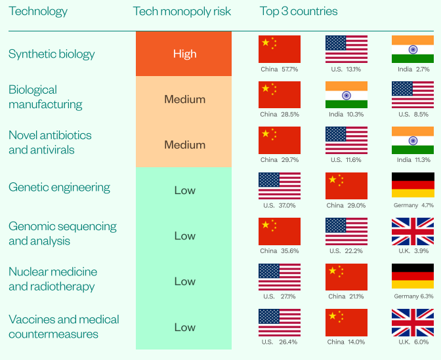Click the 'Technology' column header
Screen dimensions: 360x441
(38, 11)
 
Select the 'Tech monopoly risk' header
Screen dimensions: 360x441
(182, 11)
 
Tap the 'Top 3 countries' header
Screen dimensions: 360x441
(299, 11)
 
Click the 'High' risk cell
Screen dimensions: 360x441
(184, 54)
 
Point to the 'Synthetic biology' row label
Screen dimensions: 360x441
(52, 54)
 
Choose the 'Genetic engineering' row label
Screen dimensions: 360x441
(59, 188)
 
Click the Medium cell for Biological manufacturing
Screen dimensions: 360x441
(184, 100)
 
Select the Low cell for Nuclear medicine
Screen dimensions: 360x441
(184, 281)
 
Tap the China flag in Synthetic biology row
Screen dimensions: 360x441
(280, 49)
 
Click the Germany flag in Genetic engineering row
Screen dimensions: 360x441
(412, 186)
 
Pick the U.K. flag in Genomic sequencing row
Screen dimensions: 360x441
(412, 231)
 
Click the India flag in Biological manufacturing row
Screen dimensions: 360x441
(346, 94)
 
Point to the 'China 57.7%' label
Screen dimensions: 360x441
(280, 69)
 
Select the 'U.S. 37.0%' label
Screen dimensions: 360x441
(280, 205)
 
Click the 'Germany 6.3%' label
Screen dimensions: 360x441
(413, 296)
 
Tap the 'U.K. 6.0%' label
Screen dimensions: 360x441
(413, 342)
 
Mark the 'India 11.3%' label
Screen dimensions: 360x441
(413, 159)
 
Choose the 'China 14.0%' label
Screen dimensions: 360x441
(346, 342)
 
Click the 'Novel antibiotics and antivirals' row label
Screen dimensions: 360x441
(50, 142)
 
